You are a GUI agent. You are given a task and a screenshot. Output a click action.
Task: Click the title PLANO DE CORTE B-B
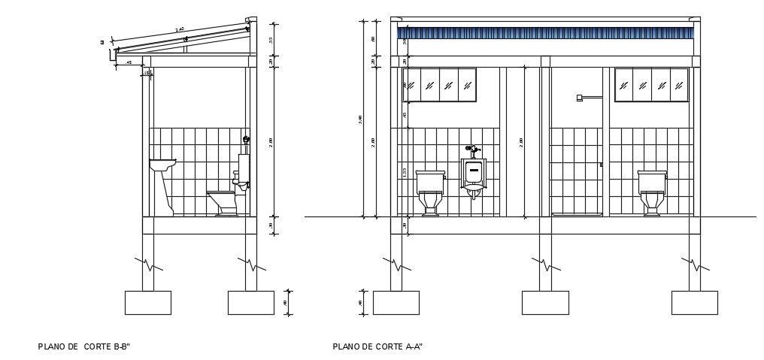click(84, 346)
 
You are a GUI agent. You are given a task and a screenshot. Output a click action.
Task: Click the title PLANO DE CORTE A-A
click(377, 346)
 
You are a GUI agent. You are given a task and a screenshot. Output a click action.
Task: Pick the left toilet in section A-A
click(430, 192)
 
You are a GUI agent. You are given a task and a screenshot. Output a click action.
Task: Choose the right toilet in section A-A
click(652, 192)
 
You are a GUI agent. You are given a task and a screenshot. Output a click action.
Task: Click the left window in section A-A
click(441, 85)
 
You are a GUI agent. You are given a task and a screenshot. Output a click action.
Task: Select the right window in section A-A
click(651, 85)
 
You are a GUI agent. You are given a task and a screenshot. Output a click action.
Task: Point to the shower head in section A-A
click(580, 98)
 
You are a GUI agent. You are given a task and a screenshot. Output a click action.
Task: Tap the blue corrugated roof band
click(545, 33)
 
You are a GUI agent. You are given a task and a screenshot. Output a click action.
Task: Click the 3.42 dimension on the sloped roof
click(180, 30)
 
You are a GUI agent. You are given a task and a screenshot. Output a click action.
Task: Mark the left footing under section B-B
click(147, 302)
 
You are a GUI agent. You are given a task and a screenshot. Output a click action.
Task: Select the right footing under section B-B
click(250, 302)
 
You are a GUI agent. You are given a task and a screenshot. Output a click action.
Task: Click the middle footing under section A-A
click(545, 302)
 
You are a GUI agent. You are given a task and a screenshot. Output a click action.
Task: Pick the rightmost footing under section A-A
click(694, 302)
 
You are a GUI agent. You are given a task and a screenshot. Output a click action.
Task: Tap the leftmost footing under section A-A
click(396, 302)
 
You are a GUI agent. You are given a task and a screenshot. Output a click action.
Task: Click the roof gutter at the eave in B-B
click(114, 55)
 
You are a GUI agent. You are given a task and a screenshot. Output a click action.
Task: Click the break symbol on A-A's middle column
click(545, 264)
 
